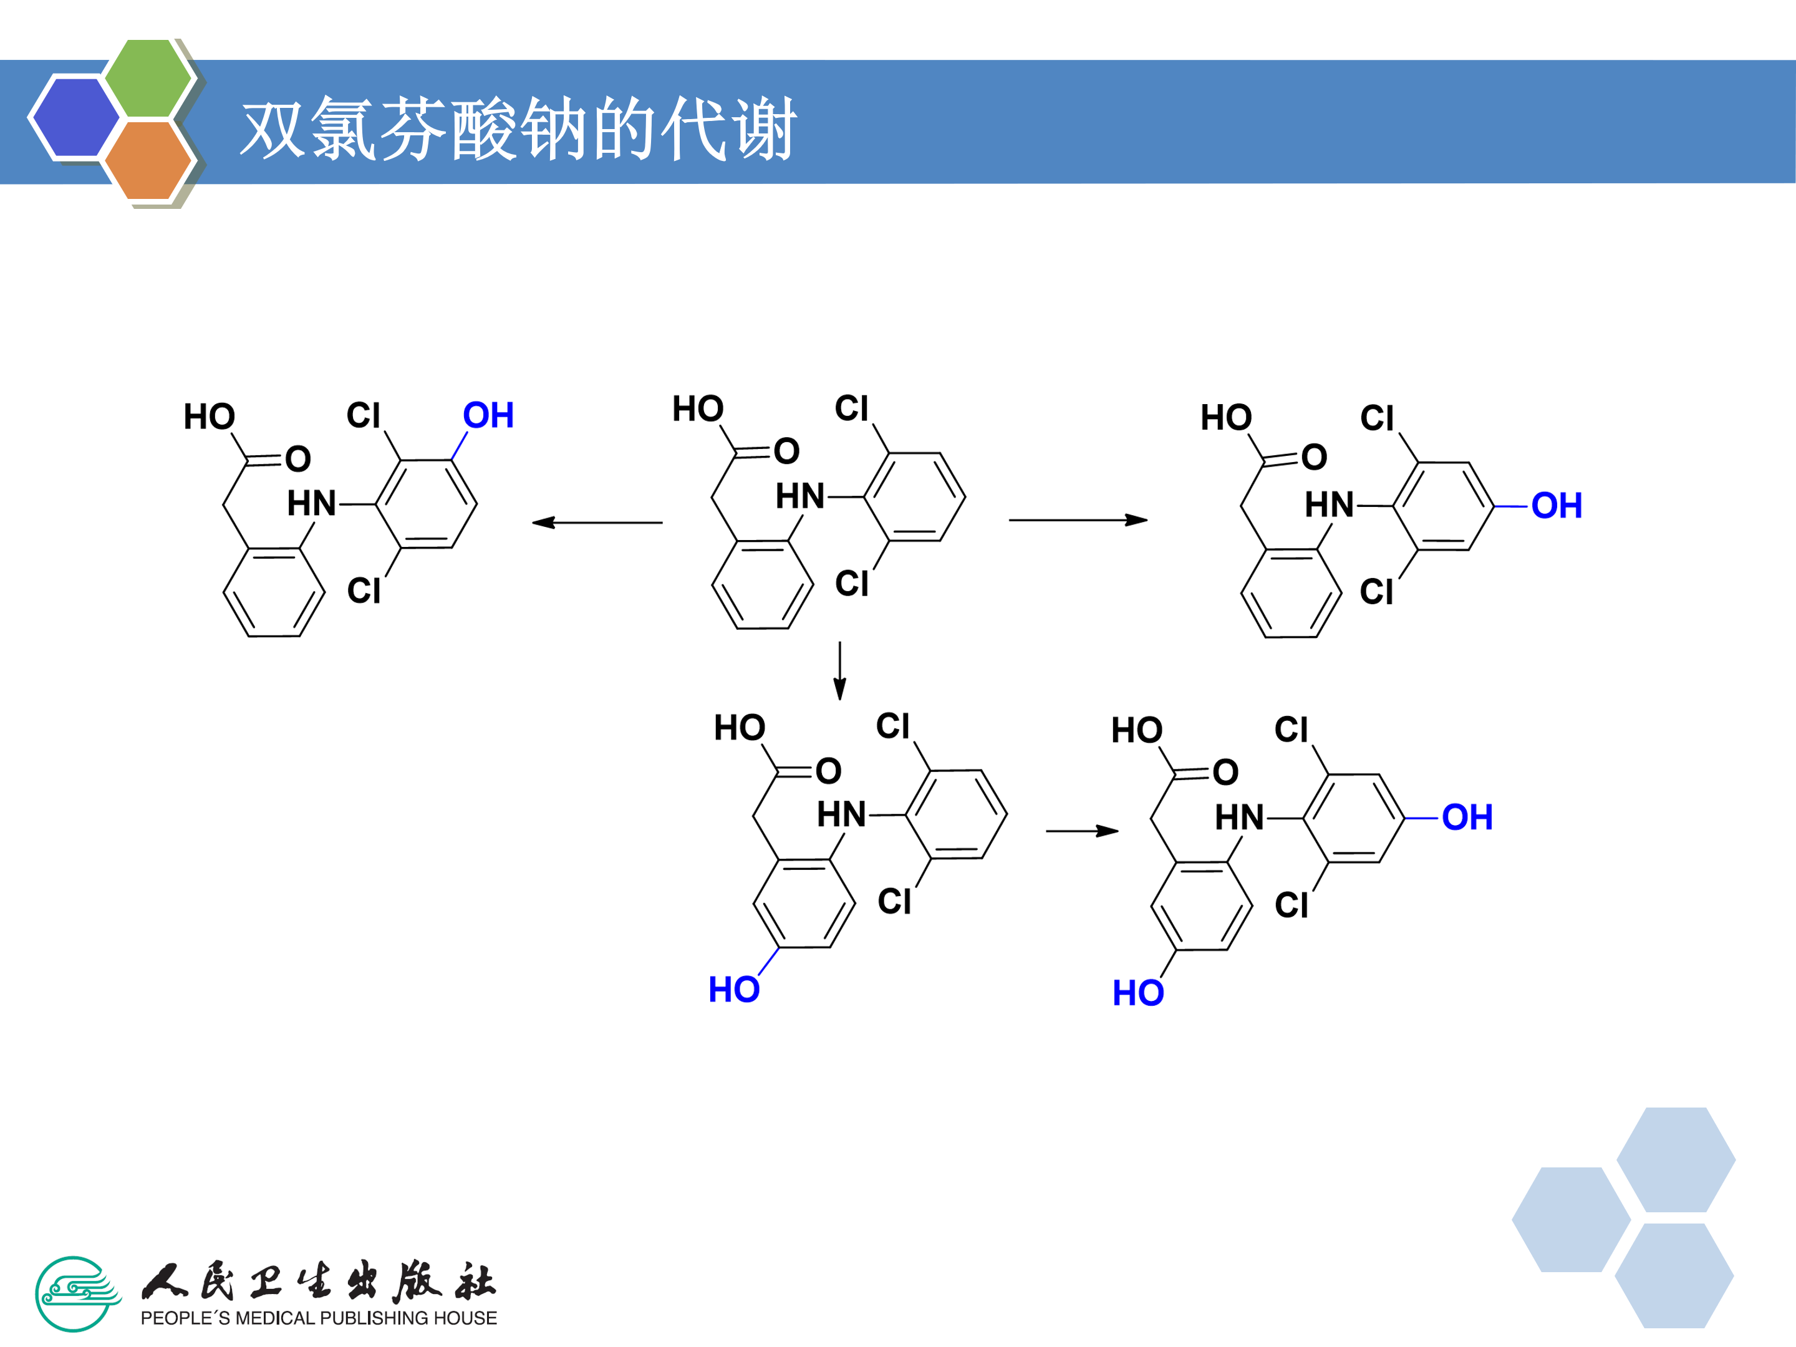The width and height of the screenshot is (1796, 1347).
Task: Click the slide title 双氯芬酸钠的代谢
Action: coord(519,129)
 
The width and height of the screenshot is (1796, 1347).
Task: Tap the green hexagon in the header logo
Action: coord(148,77)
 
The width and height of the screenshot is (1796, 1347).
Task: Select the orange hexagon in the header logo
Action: coord(148,160)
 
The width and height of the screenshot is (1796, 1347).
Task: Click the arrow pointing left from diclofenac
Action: coord(597,522)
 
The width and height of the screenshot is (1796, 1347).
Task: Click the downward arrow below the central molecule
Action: coord(839,670)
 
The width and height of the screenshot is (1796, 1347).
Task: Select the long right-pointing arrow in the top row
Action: coord(1078,519)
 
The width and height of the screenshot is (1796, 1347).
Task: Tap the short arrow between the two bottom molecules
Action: coord(1083,831)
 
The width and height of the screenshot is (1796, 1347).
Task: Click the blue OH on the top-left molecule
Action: coord(488,416)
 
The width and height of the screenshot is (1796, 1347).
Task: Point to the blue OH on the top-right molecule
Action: coord(1557,506)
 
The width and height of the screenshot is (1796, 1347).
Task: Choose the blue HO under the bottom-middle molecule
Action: coord(734,990)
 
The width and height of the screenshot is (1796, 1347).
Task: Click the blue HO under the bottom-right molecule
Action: coord(1138,993)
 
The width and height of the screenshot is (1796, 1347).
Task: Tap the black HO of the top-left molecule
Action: coord(210,417)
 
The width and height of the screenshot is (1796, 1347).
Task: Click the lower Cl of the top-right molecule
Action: coord(1377,592)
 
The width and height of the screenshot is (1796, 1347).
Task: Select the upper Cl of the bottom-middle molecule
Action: coord(893,726)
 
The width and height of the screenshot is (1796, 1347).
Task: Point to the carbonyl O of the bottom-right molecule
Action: coord(1226,772)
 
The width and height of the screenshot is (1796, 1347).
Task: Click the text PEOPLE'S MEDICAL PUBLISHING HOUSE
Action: coord(318,1318)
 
